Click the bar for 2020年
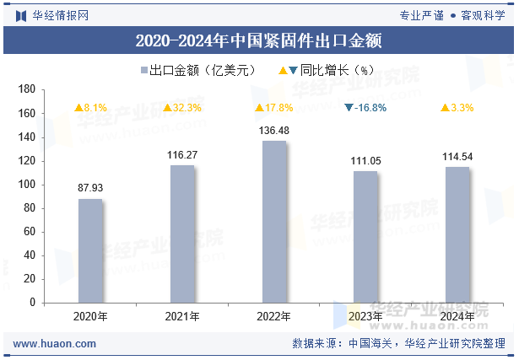pos(90,250)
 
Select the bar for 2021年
pos(182,234)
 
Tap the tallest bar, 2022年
pos(274,222)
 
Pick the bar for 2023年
pos(365,237)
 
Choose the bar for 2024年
pos(457,234)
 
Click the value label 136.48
pos(274,131)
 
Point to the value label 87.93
pos(90,188)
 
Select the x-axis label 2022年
pos(274,317)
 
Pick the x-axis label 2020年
pos(90,317)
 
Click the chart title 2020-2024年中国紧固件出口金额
pos(259,40)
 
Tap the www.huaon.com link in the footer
pos(55,344)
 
